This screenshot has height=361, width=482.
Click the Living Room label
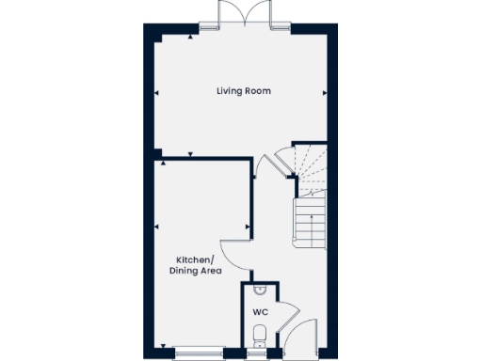pyautogui.click(x=243, y=91)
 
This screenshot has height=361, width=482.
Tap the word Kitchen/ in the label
pyautogui.click(x=196, y=259)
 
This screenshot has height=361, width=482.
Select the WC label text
pyautogui.click(x=260, y=310)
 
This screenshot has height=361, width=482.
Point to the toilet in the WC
pyautogui.click(x=260, y=334)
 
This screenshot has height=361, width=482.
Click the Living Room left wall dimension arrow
pyautogui.click(x=157, y=92)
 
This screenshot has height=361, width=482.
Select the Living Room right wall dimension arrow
pyautogui.click(x=324, y=92)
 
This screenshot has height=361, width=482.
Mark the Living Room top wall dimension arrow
pyautogui.click(x=191, y=36)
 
